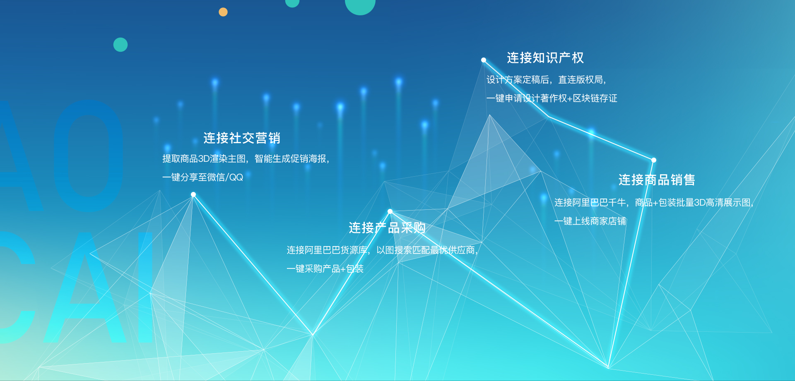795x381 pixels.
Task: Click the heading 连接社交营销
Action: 242,138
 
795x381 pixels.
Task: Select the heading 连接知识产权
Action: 545,58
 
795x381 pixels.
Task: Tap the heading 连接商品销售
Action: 657,180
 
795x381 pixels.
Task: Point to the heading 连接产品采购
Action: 387,228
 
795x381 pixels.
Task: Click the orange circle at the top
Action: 223,12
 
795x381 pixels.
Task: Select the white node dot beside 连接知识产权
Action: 484,60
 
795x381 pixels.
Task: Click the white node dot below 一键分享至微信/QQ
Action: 193,194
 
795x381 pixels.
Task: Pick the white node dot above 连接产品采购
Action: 390,211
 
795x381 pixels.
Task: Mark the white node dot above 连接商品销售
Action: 654,160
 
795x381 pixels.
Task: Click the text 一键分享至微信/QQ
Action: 202,177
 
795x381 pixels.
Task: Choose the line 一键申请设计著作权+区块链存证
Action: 552,98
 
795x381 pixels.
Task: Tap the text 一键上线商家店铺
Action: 590,221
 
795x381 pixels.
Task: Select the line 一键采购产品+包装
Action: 325,269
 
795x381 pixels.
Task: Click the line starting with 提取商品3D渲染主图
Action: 246,159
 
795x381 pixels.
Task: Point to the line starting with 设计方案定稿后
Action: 547,80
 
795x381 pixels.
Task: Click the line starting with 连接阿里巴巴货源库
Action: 382,250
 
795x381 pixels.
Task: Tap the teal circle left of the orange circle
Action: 120,45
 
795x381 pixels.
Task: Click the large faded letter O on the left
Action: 89,156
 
